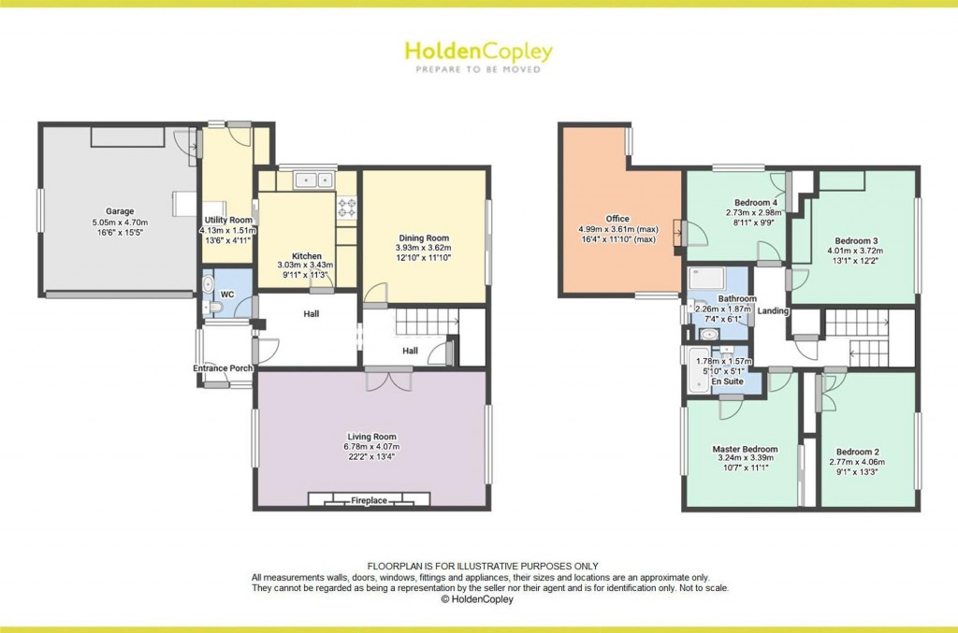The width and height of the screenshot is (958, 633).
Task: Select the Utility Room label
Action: pyautogui.click(x=223, y=219)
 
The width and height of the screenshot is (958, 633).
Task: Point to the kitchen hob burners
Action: pyautogui.click(x=345, y=206)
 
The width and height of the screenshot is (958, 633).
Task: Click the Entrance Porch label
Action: pyautogui.click(x=224, y=368)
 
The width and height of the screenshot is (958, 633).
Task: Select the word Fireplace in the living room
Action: pyautogui.click(x=370, y=501)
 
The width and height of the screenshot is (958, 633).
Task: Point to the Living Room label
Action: pyautogui.click(x=372, y=437)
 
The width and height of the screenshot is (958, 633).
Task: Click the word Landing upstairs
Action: pyautogui.click(x=773, y=311)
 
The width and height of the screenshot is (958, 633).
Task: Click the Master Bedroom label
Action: pyautogui.click(x=745, y=449)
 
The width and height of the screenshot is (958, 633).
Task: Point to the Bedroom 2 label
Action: pyautogui.click(x=858, y=449)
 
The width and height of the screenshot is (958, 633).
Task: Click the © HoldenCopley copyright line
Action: pyautogui.click(x=478, y=600)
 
